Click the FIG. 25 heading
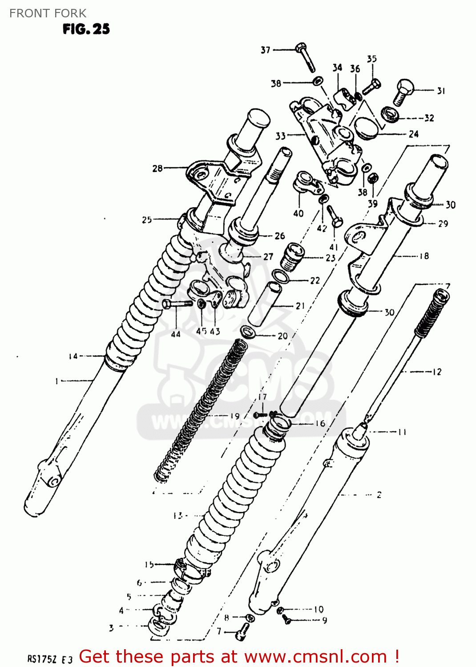click(x=86, y=29)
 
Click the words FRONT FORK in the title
click(x=48, y=13)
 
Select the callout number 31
click(x=440, y=91)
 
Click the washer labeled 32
click(x=390, y=114)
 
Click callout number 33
click(x=280, y=136)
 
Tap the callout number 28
click(x=157, y=168)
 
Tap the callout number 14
click(x=73, y=356)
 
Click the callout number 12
click(x=437, y=371)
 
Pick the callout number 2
click(x=379, y=494)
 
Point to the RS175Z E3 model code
click(x=50, y=659)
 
